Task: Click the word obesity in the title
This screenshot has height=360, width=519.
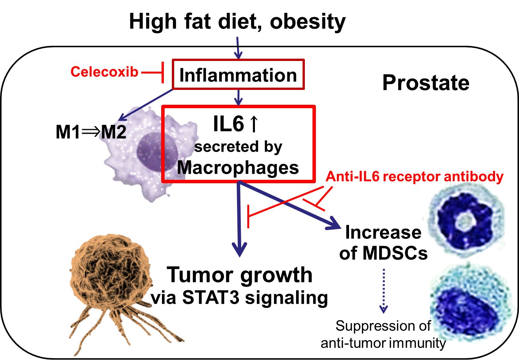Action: pyautogui.click(x=308, y=22)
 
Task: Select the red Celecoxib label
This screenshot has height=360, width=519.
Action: pyautogui.click(x=104, y=72)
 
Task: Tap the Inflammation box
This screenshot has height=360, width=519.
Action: pyautogui.click(x=238, y=74)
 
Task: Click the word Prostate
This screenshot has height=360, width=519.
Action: pyautogui.click(x=426, y=83)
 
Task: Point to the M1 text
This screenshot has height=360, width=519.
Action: pyautogui.click(x=67, y=132)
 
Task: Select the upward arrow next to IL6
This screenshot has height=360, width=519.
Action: pyautogui.click(x=254, y=124)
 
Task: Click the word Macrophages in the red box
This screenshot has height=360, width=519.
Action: pyautogui.click(x=238, y=168)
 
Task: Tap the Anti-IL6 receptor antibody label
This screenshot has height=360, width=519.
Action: pyautogui.click(x=415, y=176)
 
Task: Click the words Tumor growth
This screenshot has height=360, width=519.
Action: pyautogui.click(x=239, y=275)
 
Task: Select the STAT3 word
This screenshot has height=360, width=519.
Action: pyautogui.click(x=211, y=298)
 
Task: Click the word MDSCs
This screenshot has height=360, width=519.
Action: pyautogui.click(x=395, y=253)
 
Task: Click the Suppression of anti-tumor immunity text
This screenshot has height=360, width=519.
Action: pyautogui.click(x=383, y=334)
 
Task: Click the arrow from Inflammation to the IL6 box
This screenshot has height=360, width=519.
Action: pyautogui.click(x=239, y=98)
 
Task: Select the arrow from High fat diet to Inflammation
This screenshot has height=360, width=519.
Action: pyautogui.click(x=238, y=48)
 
